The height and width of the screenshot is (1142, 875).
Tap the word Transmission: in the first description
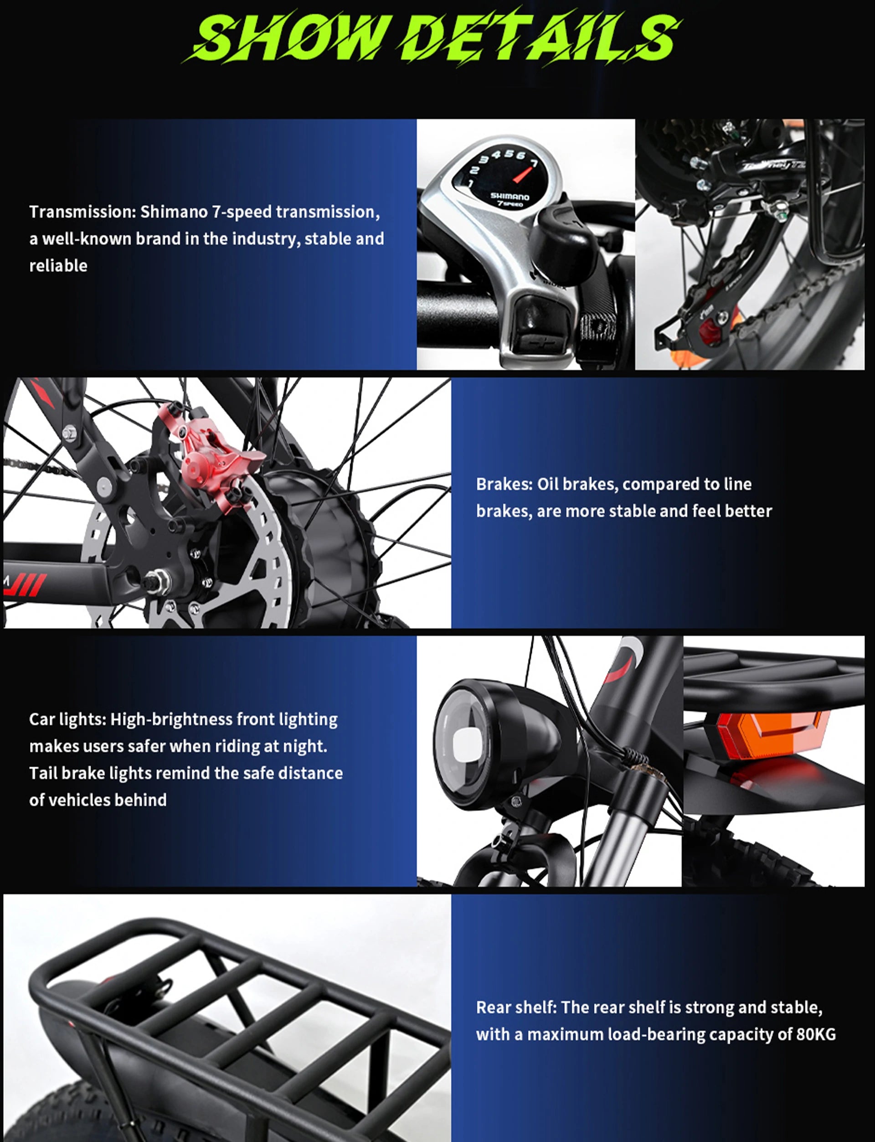tap(82, 212)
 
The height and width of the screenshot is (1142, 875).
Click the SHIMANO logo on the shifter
tap(510, 196)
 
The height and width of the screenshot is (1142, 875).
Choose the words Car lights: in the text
tap(68, 719)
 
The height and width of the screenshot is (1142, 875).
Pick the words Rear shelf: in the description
tap(517, 1007)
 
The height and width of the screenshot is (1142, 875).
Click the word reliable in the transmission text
tap(58, 266)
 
